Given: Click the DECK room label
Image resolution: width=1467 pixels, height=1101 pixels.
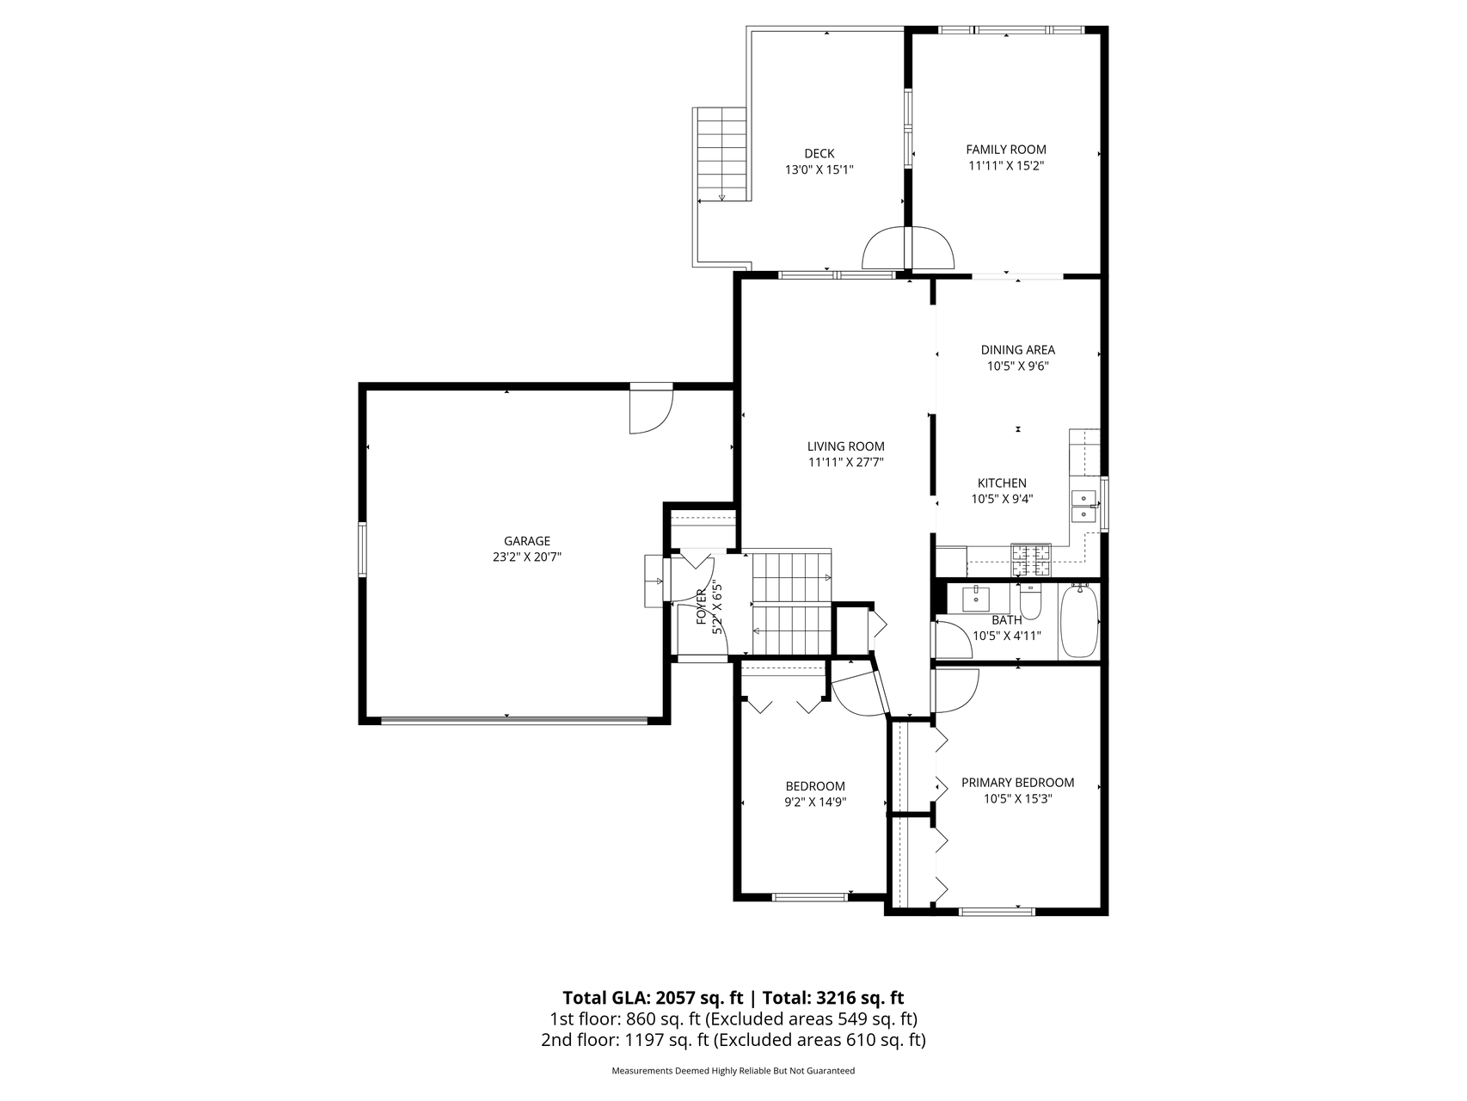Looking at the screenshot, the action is (x=819, y=154).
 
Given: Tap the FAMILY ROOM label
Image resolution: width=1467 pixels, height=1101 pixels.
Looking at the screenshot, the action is (x=1006, y=150).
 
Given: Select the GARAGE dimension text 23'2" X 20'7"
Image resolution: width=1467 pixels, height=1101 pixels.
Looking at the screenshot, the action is (x=527, y=557).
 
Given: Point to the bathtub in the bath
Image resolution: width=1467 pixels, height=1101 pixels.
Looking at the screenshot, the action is (x=1079, y=621).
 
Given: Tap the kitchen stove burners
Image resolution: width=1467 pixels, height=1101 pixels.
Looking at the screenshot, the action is (x=1032, y=560).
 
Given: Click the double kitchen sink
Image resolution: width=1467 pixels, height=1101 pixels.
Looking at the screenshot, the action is (x=1083, y=506).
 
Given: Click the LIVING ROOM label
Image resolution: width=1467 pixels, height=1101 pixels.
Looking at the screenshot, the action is (x=846, y=446).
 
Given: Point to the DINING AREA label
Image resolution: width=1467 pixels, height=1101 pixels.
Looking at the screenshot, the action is (x=1018, y=350).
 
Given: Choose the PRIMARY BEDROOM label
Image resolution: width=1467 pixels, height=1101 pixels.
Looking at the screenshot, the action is (x=1018, y=783).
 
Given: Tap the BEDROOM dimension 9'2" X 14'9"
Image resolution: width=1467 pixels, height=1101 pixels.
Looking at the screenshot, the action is (x=815, y=802).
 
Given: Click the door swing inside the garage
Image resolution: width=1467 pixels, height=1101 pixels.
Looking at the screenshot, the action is (x=651, y=411).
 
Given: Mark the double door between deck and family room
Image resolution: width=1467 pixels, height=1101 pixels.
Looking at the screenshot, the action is (x=908, y=248).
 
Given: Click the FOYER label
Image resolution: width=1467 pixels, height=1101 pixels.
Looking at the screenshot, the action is (x=702, y=606).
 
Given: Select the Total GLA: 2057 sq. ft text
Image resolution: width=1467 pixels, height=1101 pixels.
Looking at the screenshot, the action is (x=653, y=998).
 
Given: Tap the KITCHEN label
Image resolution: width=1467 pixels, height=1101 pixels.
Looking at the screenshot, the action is (x=1002, y=483).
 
